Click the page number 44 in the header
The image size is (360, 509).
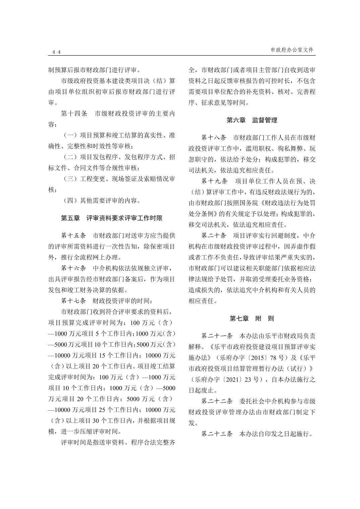[56, 52]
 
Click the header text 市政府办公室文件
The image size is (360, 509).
[292, 50]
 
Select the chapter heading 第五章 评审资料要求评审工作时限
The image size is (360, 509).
[112, 218]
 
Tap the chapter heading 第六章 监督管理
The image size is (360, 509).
[252, 120]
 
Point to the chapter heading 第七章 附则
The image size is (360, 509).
[252, 318]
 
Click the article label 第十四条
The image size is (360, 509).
[74, 114]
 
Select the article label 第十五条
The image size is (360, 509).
[74, 236]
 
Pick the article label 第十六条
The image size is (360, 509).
[74, 268]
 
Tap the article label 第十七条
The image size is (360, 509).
[74, 301]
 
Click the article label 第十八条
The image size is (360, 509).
[214, 138]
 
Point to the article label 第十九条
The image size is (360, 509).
[214, 181]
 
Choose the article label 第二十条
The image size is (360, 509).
[214, 236]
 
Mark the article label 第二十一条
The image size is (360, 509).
[217, 336]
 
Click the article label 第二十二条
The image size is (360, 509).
[217, 401]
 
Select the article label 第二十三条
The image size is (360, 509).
[217, 434]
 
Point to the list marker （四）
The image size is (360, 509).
[70, 201]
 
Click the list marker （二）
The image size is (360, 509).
[70, 157]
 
